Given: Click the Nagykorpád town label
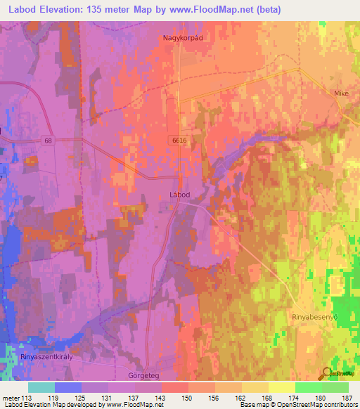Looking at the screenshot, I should click(x=182, y=38).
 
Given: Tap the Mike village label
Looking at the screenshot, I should click(x=341, y=92).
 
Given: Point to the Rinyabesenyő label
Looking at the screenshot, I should click(x=316, y=318).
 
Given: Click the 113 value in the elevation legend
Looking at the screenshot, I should click(x=28, y=398).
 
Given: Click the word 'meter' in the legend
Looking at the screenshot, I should click(x=11, y=398).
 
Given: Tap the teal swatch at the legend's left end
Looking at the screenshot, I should click(x=41, y=387).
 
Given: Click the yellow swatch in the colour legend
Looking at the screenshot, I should click(x=281, y=387).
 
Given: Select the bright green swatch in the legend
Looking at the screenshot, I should click(x=308, y=387).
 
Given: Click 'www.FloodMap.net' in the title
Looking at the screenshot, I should click(x=241, y=9).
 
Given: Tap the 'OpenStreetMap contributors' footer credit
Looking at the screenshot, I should click(x=316, y=405).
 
